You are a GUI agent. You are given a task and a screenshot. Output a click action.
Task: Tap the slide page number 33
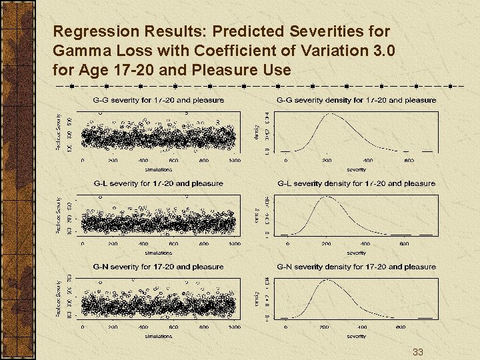[418, 351]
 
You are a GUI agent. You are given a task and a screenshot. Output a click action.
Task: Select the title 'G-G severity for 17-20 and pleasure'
[158, 100]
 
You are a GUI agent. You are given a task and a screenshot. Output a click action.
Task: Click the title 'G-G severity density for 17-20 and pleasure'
[356, 100]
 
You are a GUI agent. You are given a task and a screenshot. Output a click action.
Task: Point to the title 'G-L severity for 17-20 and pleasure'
[158, 183]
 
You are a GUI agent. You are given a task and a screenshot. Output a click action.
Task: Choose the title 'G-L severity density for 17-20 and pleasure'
[356, 183]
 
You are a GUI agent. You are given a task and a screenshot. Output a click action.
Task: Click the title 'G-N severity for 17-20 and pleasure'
[158, 267]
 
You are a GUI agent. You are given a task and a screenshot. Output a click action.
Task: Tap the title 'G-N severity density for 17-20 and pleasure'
[356, 267]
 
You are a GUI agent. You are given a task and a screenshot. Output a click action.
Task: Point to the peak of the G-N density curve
[327, 281]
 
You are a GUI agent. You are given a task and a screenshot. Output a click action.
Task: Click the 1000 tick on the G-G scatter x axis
[234, 161]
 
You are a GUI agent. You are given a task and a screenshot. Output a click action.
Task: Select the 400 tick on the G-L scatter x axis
[143, 244]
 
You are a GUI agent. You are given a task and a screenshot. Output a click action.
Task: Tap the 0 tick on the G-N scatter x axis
[83, 327]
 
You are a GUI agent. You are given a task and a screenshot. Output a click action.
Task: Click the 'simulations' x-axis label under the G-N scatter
[158, 336]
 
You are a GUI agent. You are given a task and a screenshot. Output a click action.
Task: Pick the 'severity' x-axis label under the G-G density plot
[356, 169]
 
